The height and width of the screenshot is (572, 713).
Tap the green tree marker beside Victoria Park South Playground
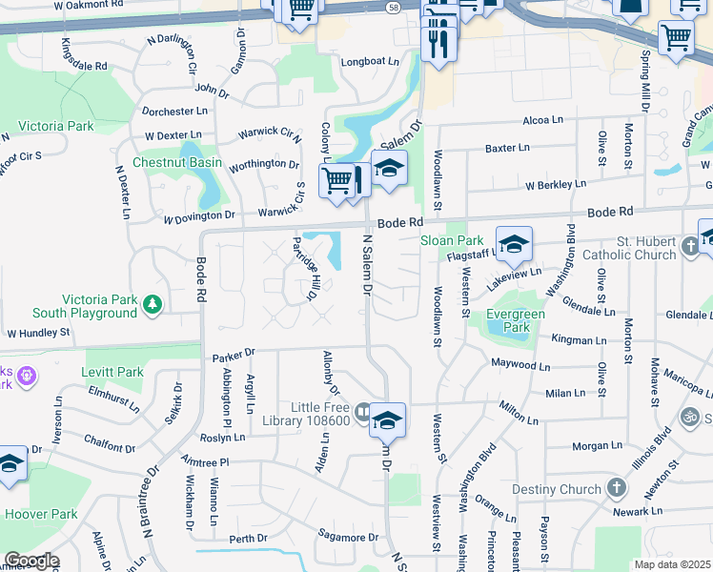tap(152, 304)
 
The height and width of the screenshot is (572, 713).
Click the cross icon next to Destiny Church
tap(617, 489)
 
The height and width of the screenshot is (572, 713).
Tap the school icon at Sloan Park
tap(513, 244)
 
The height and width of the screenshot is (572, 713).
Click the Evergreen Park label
tap(516, 320)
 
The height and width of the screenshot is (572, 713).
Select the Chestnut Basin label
tap(177, 162)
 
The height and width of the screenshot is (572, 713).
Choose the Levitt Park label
tap(113, 372)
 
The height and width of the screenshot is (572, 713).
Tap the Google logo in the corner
tap(31, 561)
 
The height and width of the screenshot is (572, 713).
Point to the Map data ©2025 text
tap(672, 564)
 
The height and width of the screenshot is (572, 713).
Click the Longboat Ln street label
tap(370, 62)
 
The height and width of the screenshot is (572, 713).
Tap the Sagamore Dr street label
tap(348, 537)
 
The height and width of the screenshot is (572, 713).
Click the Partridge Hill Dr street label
tap(304, 268)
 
